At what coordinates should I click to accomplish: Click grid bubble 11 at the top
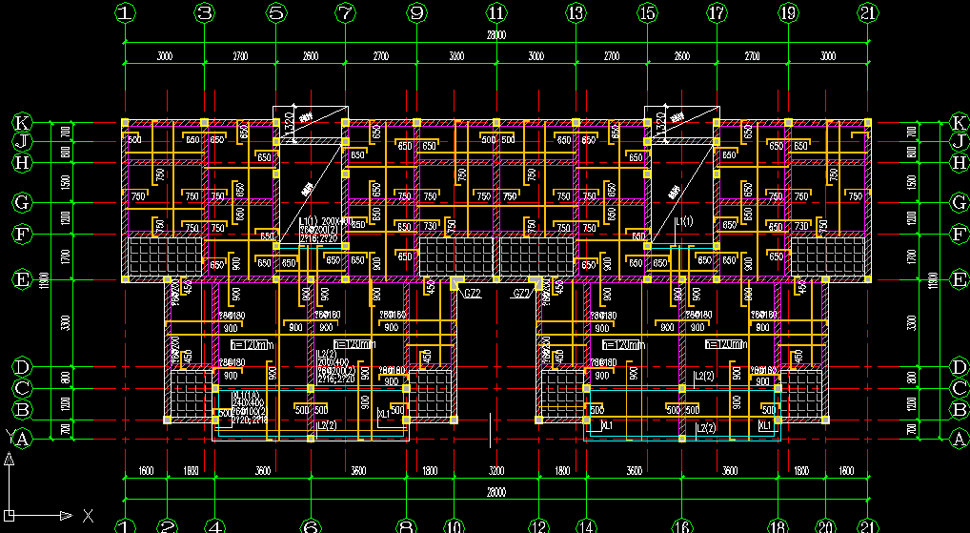tap(495, 13)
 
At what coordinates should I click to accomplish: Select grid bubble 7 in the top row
tap(345, 13)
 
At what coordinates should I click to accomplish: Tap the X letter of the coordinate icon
tap(88, 516)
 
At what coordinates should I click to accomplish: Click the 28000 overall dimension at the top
tap(495, 35)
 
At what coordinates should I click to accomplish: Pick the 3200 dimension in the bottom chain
tap(495, 470)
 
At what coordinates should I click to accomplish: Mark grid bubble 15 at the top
tap(647, 13)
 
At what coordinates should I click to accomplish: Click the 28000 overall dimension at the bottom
tap(495, 492)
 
